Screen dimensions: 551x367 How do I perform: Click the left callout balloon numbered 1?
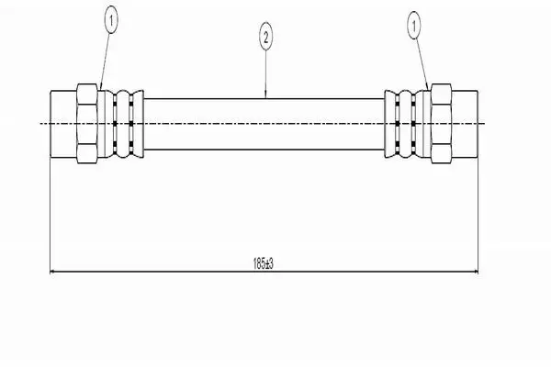click(111, 21)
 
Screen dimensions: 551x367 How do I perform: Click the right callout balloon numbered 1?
click(414, 25)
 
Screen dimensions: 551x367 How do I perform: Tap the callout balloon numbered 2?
click(265, 37)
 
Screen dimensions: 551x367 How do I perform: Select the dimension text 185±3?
click(264, 263)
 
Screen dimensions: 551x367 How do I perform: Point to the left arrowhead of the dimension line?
click(52, 272)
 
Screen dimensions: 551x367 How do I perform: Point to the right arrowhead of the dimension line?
click(476, 272)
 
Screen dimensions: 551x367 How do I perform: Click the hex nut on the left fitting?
click(87, 124)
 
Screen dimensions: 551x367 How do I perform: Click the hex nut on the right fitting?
click(441, 124)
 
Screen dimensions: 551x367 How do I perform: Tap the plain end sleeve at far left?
click(63, 124)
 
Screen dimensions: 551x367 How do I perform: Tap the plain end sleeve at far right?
click(465, 124)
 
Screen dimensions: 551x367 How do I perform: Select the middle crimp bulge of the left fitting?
click(123, 124)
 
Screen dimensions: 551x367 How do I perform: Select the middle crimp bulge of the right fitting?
click(405, 124)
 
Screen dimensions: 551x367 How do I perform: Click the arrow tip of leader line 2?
click(265, 98)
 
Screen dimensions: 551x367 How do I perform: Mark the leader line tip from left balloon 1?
click(100, 90)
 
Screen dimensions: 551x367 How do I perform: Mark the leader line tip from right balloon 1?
click(428, 90)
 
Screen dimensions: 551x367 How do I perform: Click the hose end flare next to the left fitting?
click(138, 124)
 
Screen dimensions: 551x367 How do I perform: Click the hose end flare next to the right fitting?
click(390, 124)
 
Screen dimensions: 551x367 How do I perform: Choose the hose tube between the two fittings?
click(264, 124)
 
